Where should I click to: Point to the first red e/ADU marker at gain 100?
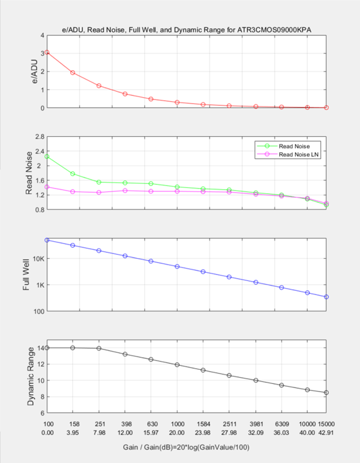pyautogui.click(x=47, y=52)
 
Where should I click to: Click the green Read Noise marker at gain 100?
pyautogui.click(x=47, y=156)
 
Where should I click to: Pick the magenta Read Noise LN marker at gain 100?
pyautogui.click(x=47, y=187)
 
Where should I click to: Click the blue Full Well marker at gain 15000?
pyautogui.click(x=327, y=297)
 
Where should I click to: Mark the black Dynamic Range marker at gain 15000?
pyautogui.click(x=327, y=393)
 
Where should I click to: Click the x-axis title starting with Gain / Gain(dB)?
pyautogui.click(x=187, y=447)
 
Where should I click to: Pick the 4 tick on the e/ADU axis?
pyautogui.click(x=41, y=35)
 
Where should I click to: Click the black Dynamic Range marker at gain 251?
pyautogui.click(x=98, y=348)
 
